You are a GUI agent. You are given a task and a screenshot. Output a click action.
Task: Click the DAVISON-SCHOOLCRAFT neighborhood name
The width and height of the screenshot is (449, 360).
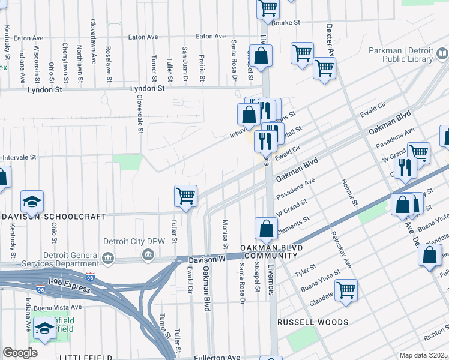tap(53, 216)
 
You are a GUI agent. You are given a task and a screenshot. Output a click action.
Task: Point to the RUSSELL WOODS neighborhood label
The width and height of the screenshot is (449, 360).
tap(313, 322)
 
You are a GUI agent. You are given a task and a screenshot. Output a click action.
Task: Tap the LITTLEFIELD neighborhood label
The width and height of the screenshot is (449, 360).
tap(85, 358)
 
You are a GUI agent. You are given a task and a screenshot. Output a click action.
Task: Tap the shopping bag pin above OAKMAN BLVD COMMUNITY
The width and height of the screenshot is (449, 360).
tap(266, 229)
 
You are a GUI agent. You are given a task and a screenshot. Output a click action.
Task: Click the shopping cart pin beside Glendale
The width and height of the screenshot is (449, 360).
tap(346, 290)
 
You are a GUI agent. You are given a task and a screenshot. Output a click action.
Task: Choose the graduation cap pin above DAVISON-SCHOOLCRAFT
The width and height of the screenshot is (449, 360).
tap(32, 201)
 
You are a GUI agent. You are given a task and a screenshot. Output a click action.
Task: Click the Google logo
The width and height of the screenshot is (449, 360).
tap(20, 353)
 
